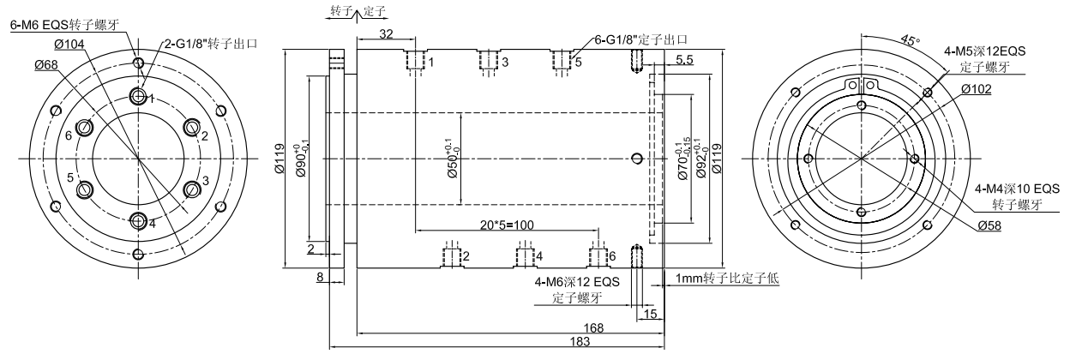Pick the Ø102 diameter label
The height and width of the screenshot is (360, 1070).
click(977, 88)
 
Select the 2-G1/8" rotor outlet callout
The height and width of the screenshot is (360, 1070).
click(212, 42)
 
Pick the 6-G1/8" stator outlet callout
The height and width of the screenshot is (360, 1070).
click(642, 39)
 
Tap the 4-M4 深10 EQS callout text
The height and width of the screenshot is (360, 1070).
click(1017, 189)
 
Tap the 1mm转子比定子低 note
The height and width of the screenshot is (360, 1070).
click(726, 279)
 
